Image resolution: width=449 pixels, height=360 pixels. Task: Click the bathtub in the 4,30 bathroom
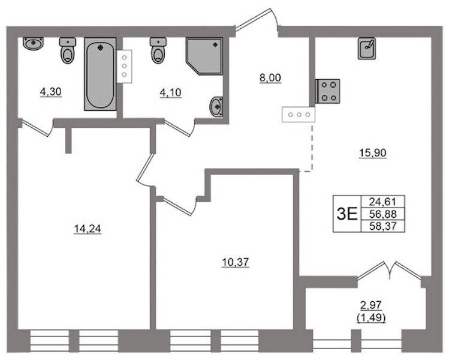coord(100,74)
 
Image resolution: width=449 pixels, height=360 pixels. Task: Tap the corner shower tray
coord(204,56)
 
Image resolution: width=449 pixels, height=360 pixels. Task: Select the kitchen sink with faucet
coord(367,49)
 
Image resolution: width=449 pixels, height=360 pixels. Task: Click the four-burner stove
coord(327,91)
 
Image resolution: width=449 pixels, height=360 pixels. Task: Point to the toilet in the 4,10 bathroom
coord(158,50)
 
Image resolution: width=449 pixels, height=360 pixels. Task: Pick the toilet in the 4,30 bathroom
coord(68,50)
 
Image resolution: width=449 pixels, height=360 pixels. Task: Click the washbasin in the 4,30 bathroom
coord(34,44)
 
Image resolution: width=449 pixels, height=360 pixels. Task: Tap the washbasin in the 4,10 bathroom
coord(217,107)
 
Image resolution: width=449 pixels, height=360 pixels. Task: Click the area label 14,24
coord(88,229)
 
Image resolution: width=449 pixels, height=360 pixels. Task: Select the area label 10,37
coord(236,262)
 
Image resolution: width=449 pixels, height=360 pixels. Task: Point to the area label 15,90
coord(373,153)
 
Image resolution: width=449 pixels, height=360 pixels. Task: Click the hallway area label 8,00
coord(270,78)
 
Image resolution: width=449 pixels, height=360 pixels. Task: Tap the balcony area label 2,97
coord(371,305)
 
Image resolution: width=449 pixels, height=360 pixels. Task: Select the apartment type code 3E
coord(347,214)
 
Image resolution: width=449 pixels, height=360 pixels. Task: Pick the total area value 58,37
coord(383,226)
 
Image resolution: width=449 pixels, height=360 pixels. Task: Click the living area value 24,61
coord(383,202)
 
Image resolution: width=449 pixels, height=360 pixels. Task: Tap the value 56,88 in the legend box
coord(383,214)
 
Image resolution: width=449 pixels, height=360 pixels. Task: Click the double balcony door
coord(390,270)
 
